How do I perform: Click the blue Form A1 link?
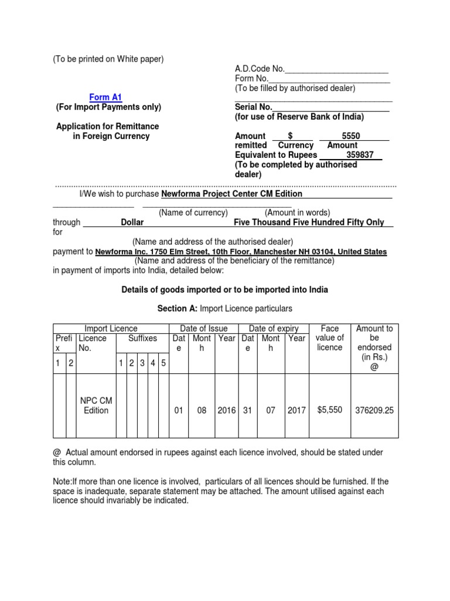click(105, 97)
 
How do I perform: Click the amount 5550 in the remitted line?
click(350, 136)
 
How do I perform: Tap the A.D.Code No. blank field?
click(336, 69)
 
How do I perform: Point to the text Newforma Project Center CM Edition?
click(231, 194)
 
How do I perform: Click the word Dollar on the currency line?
click(132, 222)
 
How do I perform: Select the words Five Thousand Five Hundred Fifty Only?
click(309, 222)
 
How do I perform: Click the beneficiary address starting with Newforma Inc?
click(241, 251)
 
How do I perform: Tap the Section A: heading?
click(178, 308)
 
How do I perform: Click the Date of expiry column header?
click(274, 329)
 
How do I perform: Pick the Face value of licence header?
click(329, 338)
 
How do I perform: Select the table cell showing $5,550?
click(329, 410)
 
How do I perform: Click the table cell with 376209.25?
click(374, 410)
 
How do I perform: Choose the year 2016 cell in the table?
click(227, 410)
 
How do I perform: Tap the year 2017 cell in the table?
click(296, 410)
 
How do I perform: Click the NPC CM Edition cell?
click(96, 406)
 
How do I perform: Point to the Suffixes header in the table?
click(143, 338)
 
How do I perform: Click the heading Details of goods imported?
click(224, 290)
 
